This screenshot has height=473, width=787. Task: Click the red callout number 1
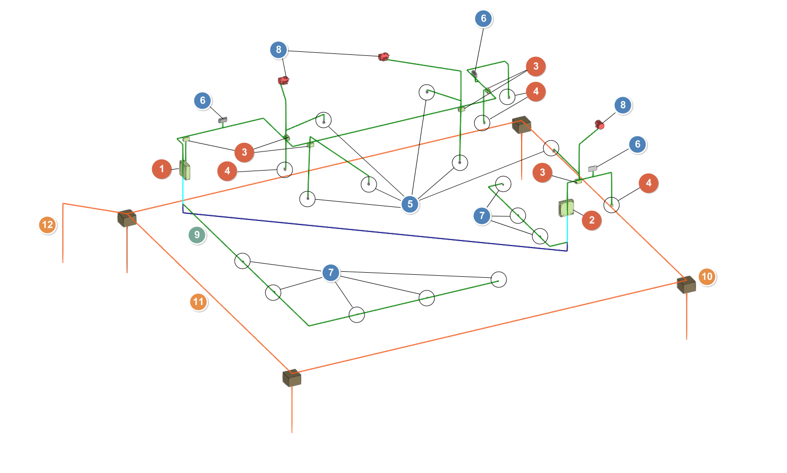pos(162,169)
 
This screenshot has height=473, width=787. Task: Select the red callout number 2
pos(592,220)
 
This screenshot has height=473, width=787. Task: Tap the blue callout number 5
pos(410,204)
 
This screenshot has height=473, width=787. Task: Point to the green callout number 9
pos(197,235)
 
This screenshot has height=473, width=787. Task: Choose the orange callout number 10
pos(707,277)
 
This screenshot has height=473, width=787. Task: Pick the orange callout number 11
pos(198,302)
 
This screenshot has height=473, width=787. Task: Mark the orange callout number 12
pos(47,225)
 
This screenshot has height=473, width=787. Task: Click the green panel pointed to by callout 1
pos(185,170)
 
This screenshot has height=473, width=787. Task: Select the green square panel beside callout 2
pos(566,208)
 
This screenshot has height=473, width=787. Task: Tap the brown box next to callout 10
pos(686,285)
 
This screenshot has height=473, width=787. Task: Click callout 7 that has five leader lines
pos(331,273)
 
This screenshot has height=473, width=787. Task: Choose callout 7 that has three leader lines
pos(482,216)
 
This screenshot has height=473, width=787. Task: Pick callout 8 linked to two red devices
pos(278,50)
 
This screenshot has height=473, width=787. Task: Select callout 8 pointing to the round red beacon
pos(623,105)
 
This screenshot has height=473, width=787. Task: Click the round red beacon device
pos(599,124)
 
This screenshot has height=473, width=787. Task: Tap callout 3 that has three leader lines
pos(244,152)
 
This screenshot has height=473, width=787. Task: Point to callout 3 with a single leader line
pos(542,173)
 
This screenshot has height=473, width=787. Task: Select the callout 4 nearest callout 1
pos(227,172)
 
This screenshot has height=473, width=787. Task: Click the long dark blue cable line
pos(375,231)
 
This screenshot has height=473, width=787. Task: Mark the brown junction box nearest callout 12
pos(127,218)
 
